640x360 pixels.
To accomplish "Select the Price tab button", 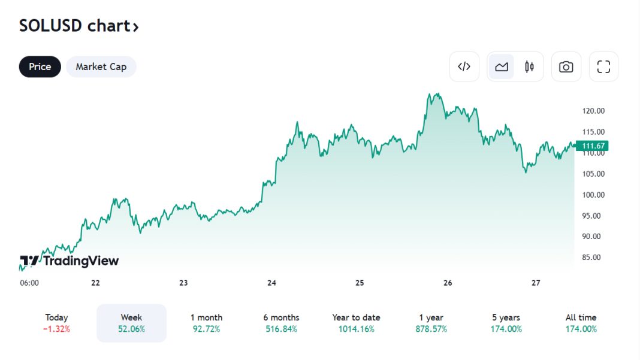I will click(x=40, y=66).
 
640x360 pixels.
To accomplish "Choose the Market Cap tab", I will click(x=101, y=66).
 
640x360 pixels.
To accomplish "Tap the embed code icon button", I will click(x=464, y=66).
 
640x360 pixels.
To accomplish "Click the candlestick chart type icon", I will click(x=529, y=66).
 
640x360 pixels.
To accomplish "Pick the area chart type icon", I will click(x=502, y=66).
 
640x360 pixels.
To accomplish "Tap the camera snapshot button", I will click(x=566, y=66).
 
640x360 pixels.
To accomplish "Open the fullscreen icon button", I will click(x=603, y=66).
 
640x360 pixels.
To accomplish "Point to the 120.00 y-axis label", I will click(x=593, y=111).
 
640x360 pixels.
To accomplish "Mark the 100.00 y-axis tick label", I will click(x=593, y=195).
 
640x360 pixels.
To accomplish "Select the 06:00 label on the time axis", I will click(x=29, y=283).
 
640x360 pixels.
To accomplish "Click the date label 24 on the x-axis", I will click(x=271, y=283).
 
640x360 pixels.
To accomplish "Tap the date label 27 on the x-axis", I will click(x=536, y=283).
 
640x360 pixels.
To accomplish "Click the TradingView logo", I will click(x=70, y=261).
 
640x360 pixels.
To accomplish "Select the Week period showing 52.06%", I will click(x=132, y=323).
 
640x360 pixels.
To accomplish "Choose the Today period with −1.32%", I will click(x=57, y=323).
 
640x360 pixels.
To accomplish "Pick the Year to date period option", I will click(x=356, y=323).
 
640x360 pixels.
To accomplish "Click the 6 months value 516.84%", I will click(x=281, y=329).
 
